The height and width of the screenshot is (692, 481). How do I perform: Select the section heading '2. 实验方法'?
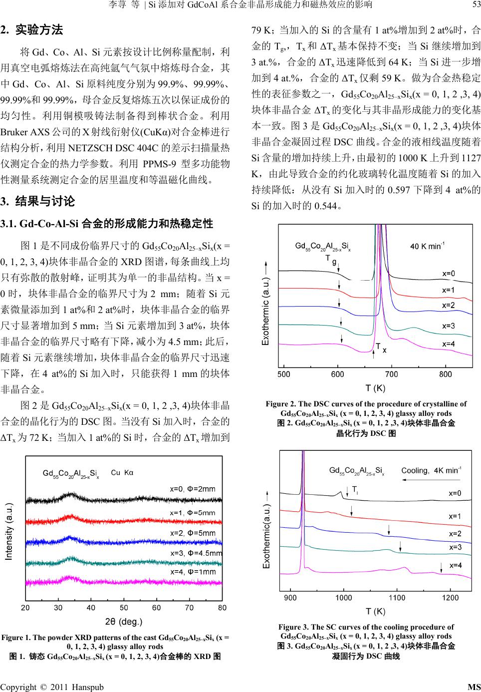32,29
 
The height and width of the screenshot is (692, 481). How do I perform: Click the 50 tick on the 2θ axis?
124,608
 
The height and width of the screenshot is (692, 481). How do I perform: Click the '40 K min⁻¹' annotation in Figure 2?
427,246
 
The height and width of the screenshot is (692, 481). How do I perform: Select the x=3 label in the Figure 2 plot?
449,326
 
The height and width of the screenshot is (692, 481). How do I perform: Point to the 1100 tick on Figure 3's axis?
397,598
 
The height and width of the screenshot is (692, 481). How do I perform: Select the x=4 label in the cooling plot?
456,566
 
